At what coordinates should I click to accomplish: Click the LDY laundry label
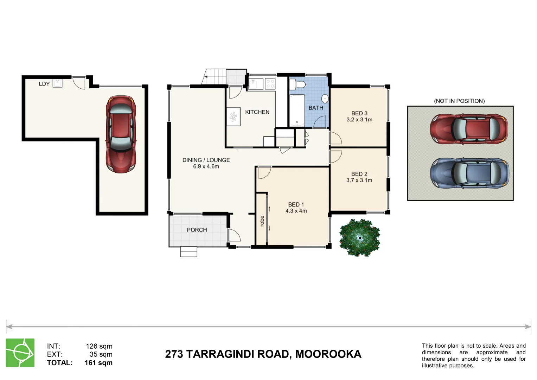tap(44, 84)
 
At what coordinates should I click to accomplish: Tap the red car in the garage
tap(121, 134)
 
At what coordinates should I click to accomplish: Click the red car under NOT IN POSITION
tap(469, 129)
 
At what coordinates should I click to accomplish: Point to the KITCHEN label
tap(257, 112)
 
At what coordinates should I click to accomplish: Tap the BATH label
tap(315, 108)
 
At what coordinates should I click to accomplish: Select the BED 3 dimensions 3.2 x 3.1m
tap(359, 120)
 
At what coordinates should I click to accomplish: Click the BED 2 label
tap(359, 174)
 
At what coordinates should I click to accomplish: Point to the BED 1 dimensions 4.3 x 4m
tap(296, 211)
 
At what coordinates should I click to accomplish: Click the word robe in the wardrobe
tap(262, 221)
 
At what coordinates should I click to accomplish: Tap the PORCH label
tap(197, 230)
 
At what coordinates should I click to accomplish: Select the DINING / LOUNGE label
tap(206, 160)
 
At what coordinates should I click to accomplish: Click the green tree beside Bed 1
tap(359, 238)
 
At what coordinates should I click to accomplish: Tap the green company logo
tap(20, 353)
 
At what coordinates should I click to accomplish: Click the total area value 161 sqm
tap(98, 363)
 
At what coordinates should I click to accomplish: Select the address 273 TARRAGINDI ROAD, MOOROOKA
tap(263, 354)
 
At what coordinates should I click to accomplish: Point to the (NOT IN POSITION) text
tap(459, 101)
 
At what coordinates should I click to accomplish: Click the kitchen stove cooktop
tap(270, 84)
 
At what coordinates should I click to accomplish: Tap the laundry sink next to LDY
tap(57, 83)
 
